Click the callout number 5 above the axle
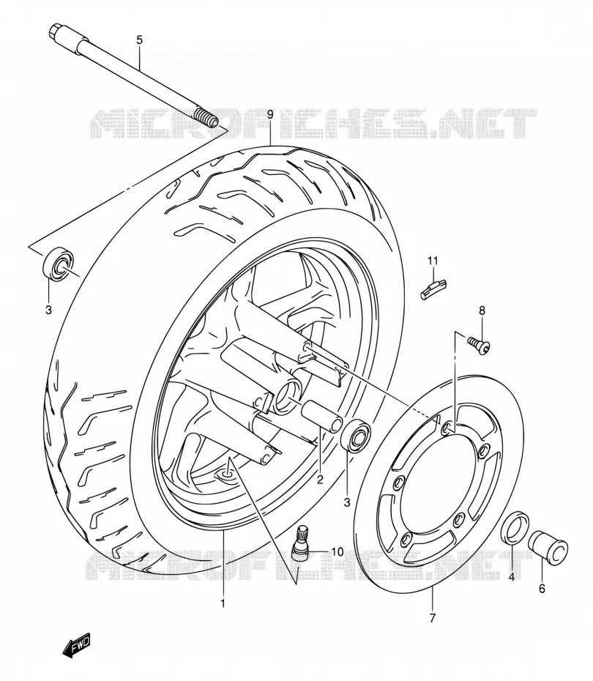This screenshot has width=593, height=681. point(139,40)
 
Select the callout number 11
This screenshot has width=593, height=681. point(433,261)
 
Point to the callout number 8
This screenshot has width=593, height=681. point(482,310)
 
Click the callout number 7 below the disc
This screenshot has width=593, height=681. point(432,617)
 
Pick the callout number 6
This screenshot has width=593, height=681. point(542,589)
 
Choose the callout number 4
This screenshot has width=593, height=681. point(512,577)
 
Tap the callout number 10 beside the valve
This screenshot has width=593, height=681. point(337,551)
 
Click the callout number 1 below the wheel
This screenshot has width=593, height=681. point(223,603)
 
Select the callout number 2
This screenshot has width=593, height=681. point(320,480)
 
